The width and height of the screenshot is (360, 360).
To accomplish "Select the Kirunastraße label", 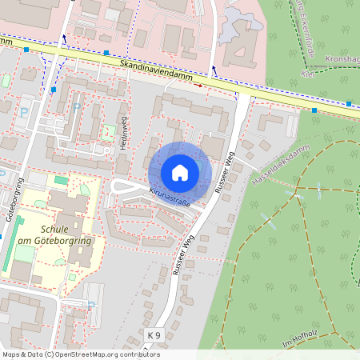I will coord(170,197).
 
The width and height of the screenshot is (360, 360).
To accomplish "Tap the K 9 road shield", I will coord(154,334).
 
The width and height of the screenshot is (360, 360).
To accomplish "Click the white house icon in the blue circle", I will coord(179,172).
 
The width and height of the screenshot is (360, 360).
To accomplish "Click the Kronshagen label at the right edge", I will coord(343,60).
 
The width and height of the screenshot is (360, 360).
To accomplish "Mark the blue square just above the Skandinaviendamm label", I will coord(106,54).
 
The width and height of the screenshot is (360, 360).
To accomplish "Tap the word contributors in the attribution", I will coord(139,354).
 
